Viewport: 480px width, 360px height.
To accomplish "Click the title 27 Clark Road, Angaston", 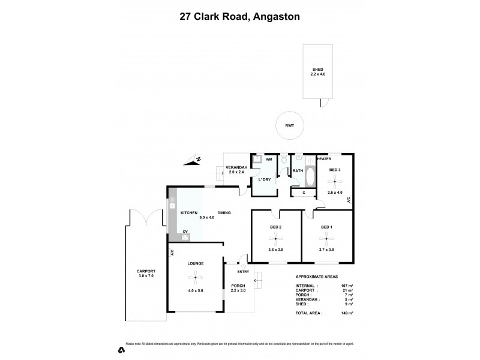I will pyautogui.click(x=240, y=17).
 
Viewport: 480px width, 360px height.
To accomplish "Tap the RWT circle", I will pyautogui.click(x=289, y=127).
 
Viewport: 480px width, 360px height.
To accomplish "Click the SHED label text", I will pyautogui.click(x=318, y=69).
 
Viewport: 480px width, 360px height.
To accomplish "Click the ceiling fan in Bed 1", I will pyautogui.click(x=326, y=240).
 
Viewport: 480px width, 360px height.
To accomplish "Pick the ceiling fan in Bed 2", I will pyautogui.click(x=276, y=240).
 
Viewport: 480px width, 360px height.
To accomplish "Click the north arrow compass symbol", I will pyautogui.click(x=194, y=160).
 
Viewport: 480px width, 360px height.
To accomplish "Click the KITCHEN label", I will pyautogui.click(x=189, y=213).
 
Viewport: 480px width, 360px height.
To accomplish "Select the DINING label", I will pyautogui.click(x=224, y=213).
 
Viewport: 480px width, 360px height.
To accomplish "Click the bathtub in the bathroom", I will pyautogui.click(x=310, y=178).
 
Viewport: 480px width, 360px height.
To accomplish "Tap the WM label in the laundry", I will pyautogui.click(x=269, y=160).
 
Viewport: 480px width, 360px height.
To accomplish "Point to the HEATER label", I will pyautogui.click(x=324, y=158).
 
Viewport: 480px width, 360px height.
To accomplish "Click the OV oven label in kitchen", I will pyautogui.click(x=185, y=231).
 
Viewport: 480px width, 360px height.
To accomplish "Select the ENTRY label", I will pyautogui.click(x=242, y=272).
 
